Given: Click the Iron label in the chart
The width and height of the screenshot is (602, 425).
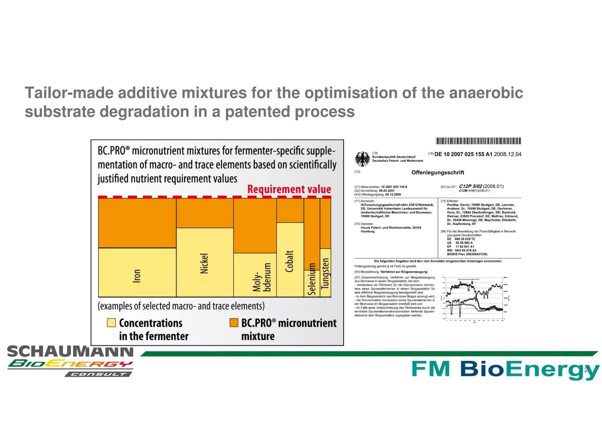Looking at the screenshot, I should [x=137, y=276].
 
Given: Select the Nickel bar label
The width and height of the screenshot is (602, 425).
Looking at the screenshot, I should [x=204, y=263].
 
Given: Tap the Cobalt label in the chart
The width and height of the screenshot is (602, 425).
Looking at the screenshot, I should [x=290, y=261].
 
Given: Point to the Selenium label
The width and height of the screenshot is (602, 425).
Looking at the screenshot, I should [x=312, y=279].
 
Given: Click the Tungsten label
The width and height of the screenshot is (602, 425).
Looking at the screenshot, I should [x=325, y=273].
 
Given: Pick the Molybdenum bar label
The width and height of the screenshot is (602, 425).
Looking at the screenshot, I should [x=262, y=278].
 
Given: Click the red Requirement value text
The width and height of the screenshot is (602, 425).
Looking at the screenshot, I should [x=289, y=189].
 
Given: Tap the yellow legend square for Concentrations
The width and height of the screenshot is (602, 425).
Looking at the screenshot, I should [x=111, y=322].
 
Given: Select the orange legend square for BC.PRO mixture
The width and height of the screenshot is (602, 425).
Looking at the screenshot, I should [x=234, y=322].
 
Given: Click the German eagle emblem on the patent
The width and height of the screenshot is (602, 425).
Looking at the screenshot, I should [x=362, y=159].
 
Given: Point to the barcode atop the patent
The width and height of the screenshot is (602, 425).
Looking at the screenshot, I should [x=478, y=141].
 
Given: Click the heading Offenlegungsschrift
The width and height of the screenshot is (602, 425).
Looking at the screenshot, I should [x=437, y=172].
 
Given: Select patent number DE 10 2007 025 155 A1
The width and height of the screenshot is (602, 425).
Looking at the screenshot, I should [x=463, y=154].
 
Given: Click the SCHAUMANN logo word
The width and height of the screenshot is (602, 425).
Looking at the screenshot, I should [x=70, y=352].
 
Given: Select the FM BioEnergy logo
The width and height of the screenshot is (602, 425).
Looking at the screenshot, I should [x=504, y=369].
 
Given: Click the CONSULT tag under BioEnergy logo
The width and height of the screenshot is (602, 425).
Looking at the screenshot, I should [x=98, y=374].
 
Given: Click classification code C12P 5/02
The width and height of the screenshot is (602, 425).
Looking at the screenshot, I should [x=470, y=186].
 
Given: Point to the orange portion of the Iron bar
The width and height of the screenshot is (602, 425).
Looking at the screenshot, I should [x=137, y=223].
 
